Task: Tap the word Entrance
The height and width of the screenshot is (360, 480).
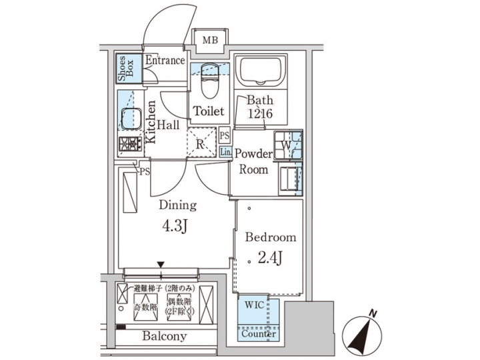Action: tap(165, 61)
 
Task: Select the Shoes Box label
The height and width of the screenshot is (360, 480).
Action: tap(127, 69)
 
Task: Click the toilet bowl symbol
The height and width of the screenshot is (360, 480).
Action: tap(209, 80)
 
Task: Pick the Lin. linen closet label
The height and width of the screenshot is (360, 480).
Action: tap(225, 152)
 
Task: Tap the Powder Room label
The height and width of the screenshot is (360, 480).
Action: tap(253, 161)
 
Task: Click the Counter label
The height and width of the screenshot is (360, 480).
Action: tap(258, 334)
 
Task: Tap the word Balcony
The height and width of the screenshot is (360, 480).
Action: tap(164, 336)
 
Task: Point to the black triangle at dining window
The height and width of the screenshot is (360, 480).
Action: tap(160, 265)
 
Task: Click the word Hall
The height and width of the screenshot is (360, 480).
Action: tap(168, 125)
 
